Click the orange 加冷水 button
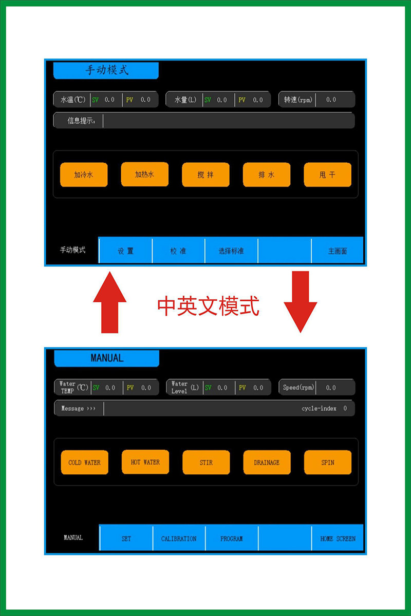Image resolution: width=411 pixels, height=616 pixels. point(84,175)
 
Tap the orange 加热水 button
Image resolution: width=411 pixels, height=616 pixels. point(144,174)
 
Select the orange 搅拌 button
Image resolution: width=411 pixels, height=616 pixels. point(206,175)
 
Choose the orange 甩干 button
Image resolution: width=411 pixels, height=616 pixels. point(327,175)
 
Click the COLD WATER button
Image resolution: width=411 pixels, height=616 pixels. point(84,463)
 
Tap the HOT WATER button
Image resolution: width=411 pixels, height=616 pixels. point(145,462)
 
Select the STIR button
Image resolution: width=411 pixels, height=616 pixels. point(206,463)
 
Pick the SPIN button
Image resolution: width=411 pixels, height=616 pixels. point(327,463)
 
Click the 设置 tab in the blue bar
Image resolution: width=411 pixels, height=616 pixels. point(125,251)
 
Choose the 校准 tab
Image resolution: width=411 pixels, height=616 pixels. point(178,251)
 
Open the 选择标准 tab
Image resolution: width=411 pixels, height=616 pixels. point(231,251)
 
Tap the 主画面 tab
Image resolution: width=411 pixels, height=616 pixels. point(338,251)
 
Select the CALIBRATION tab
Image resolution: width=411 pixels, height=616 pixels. point(179,538)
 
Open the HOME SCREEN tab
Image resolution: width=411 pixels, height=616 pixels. point(338,538)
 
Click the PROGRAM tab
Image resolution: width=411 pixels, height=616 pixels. point(231,538)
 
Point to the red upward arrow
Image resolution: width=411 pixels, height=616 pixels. point(109,303)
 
